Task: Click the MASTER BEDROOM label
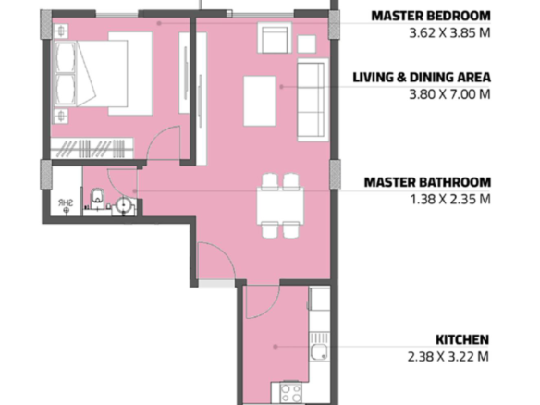431,17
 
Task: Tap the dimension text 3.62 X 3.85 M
449,33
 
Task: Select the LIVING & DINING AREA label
422,77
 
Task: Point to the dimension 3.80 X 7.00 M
449,94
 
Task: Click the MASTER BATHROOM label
427,182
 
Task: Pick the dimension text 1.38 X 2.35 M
450,199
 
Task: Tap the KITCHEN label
462,339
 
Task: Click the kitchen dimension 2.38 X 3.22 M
448,356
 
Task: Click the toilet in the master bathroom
97,199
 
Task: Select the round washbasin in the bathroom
123,205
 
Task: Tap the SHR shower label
66,202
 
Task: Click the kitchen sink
319,347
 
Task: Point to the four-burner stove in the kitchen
290,393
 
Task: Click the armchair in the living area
275,38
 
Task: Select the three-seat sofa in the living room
313,100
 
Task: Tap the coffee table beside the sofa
260,101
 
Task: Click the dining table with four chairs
280,206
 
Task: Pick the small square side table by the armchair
306,44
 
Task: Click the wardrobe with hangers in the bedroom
92,149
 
